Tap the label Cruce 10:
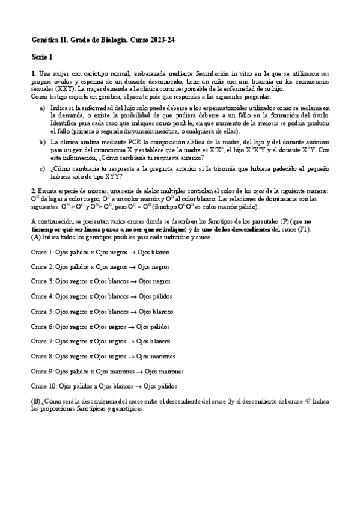click(44, 386)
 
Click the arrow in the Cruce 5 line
click(133, 312)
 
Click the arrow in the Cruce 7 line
click(130, 342)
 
